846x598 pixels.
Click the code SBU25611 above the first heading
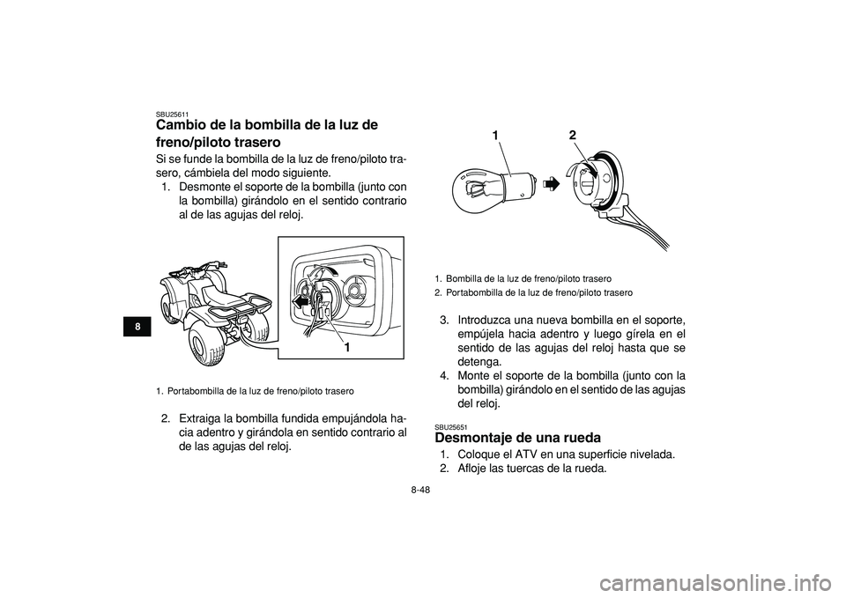(x=172, y=114)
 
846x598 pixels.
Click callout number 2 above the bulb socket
(x=572, y=136)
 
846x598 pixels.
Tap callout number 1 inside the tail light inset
(x=348, y=347)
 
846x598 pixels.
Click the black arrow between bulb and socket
(x=550, y=183)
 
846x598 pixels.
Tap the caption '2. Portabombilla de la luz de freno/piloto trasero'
(x=534, y=292)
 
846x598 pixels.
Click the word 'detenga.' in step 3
(x=478, y=362)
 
